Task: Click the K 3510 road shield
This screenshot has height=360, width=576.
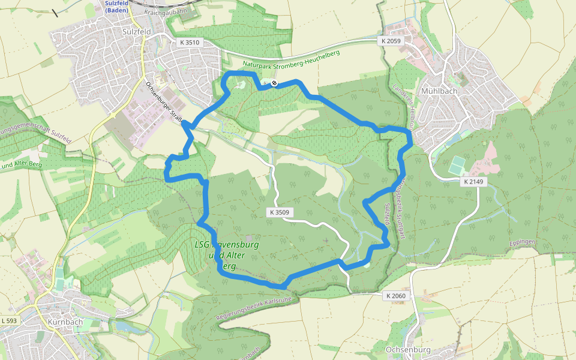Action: click(x=189, y=43)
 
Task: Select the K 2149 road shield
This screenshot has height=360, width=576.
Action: click(x=473, y=181)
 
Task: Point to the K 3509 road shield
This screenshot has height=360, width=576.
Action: click(x=279, y=212)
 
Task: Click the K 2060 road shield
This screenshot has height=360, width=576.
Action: click(x=396, y=296)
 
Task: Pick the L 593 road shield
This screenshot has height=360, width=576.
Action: click(x=10, y=322)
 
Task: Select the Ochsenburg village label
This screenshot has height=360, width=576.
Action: click(x=409, y=349)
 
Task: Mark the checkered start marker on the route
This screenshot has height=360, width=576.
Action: click(x=274, y=83)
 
